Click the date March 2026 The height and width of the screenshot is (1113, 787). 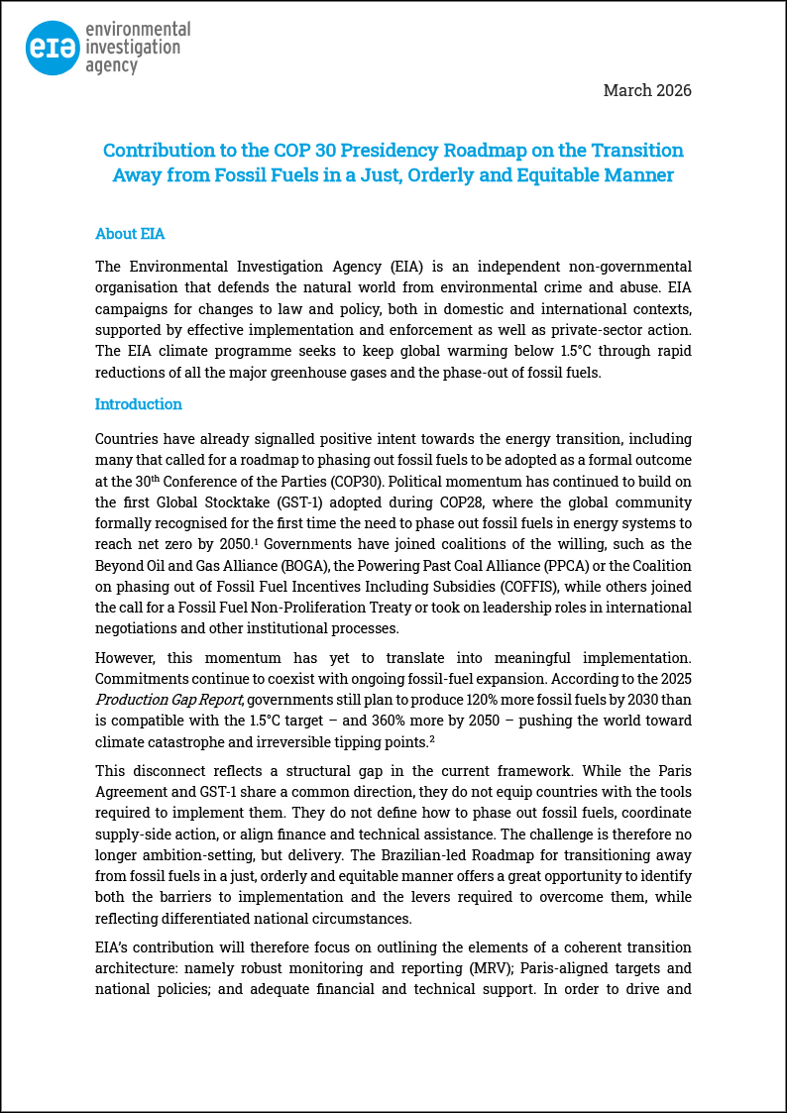pyautogui.click(x=647, y=90)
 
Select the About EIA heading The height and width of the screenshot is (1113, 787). pyautogui.click(x=130, y=234)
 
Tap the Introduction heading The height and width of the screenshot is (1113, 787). pyautogui.click(x=139, y=404)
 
